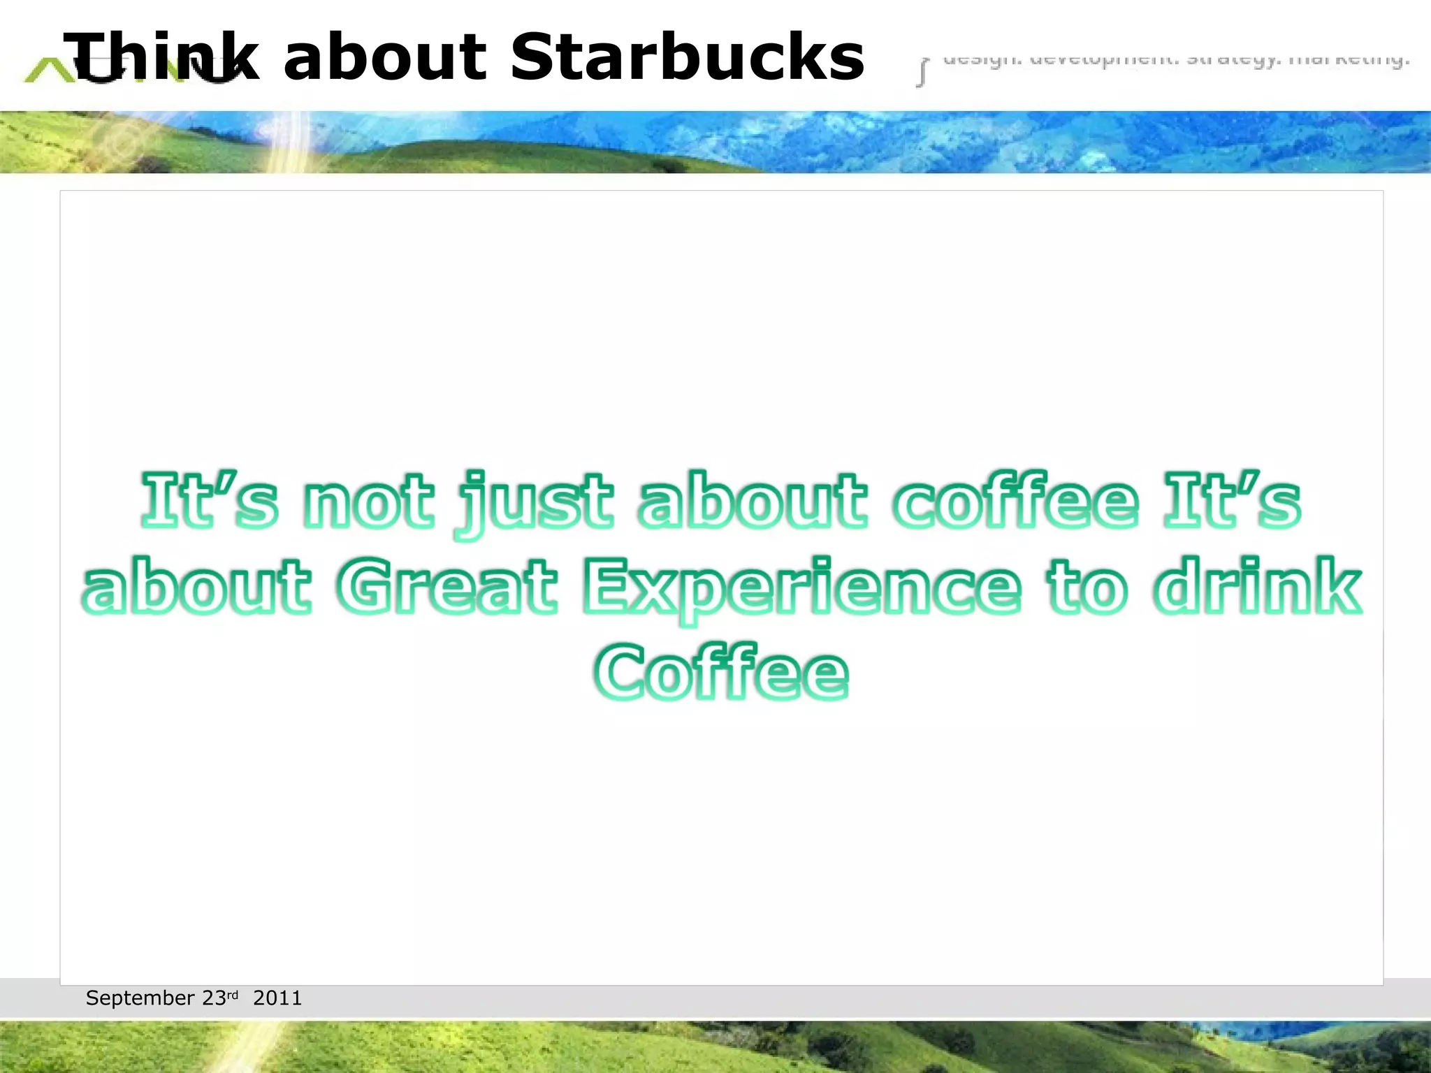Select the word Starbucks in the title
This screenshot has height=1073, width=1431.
coord(688,57)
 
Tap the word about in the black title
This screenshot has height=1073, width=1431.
coord(385,57)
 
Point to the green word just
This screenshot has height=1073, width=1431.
coord(535,503)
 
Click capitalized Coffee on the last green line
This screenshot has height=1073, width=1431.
coord(721,672)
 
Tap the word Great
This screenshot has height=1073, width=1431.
coord(446,587)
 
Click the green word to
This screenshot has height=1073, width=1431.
coord(1087,587)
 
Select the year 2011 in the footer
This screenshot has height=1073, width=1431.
coord(277,998)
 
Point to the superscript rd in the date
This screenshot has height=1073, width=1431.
coord(233,994)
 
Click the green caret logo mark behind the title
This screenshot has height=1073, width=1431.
coord(45,70)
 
